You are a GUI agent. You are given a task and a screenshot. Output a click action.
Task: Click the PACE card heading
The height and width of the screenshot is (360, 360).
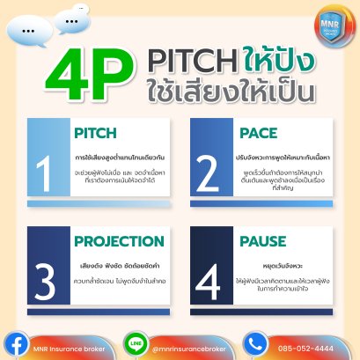pyautogui.click(x=259, y=135)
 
